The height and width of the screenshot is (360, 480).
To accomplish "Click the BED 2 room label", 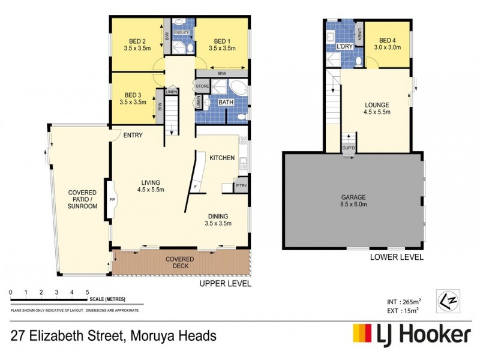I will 133,43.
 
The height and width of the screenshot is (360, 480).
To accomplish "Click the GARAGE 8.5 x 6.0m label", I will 354,201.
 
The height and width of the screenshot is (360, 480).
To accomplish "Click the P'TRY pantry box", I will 242,186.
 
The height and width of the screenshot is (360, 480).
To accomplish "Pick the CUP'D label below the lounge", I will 348,148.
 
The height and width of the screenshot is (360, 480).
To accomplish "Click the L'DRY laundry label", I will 344,46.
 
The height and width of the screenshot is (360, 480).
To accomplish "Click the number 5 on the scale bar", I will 88,292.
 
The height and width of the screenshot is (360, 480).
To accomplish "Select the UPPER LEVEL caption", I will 226,284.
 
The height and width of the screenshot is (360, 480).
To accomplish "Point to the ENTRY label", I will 133,135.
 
